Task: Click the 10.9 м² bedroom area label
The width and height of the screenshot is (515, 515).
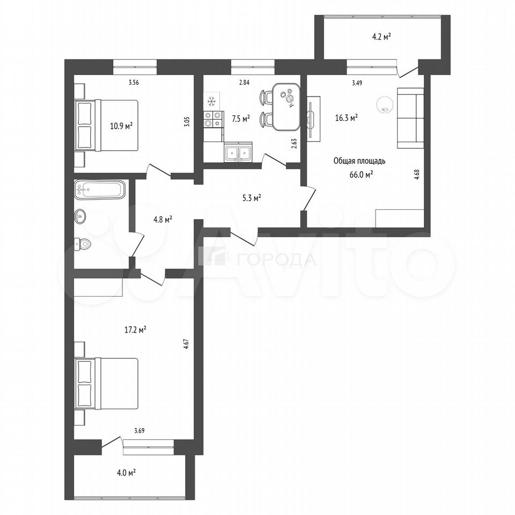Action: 121,126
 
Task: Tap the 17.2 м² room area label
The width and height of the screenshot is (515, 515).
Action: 135,329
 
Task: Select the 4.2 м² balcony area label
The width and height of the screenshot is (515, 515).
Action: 381,37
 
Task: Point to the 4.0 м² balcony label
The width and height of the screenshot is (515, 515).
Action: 126,473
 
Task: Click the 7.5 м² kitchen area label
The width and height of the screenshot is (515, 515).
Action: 241,119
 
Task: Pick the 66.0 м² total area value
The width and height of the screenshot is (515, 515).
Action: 362,174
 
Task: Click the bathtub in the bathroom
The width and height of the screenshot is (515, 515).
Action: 100,189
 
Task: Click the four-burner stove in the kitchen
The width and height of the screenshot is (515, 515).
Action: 213,119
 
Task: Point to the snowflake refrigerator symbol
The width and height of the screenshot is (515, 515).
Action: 211,101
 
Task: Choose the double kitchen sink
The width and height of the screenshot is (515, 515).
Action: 238,153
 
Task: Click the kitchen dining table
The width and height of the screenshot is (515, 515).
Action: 286,107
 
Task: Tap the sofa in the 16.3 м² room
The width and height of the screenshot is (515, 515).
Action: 410,118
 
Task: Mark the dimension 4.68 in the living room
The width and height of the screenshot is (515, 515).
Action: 417,174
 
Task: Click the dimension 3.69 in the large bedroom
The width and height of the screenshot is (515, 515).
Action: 139,431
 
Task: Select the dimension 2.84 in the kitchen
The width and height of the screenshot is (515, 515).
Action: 244,83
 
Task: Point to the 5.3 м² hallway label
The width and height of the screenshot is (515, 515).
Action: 252,198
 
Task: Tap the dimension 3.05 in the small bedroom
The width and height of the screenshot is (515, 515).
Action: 187,122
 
